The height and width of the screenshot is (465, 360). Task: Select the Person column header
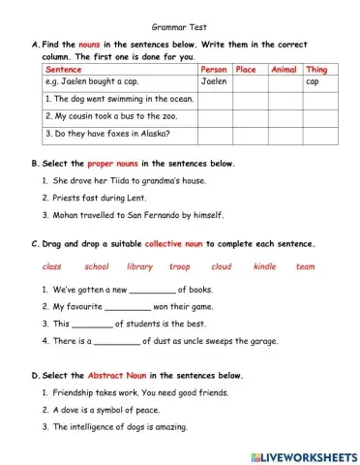tap(214, 70)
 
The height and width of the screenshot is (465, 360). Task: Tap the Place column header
tap(247, 70)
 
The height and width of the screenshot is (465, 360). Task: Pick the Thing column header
tap(316, 70)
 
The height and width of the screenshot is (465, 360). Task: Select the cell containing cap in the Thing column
tap(313, 82)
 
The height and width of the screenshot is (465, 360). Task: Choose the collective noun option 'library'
tap(139, 265)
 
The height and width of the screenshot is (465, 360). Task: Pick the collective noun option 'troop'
tap(180, 265)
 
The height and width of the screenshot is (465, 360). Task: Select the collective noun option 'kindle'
tap(264, 265)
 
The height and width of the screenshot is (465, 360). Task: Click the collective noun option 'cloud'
tap(222, 265)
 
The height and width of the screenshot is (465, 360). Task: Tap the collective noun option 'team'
tap(305, 265)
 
